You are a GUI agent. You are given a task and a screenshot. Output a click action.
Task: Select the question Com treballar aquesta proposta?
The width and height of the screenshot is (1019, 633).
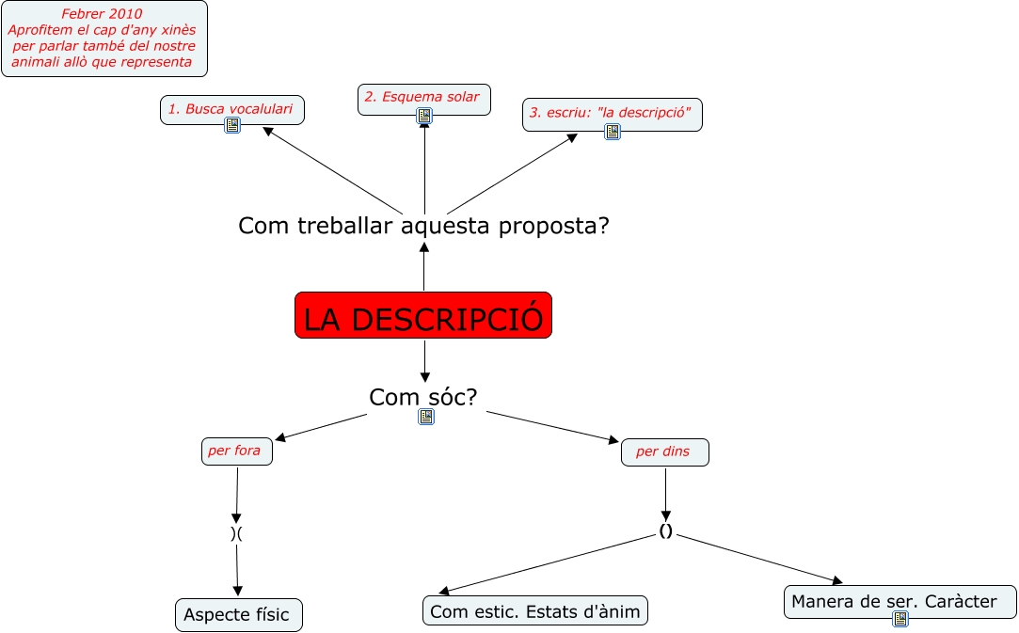pyautogui.click(x=423, y=227)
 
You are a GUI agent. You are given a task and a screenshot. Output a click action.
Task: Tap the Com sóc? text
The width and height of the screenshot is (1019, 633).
pyautogui.click(x=423, y=397)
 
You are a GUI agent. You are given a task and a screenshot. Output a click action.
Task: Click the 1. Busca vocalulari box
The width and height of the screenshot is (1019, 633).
pyautogui.click(x=231, y=109)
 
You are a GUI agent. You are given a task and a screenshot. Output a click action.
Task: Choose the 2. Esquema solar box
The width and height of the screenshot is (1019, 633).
pyautogui.click(x=422, y=97)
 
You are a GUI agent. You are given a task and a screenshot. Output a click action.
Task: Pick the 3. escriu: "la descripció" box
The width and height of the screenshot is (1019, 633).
pyautogui.click(x=612, y=113)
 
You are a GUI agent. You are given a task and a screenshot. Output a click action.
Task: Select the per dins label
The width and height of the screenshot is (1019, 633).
pyautogui.click(x=663, y=452)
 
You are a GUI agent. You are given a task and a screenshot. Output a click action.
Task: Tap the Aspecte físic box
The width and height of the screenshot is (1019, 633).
pyautogui.click(x=238, y=615)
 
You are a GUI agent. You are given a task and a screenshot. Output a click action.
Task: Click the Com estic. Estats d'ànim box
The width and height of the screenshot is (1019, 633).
pyautogui.click(x=534, y=612)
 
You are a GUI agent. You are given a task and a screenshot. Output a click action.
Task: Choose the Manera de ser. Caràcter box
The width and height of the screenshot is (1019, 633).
pyautogui.click(x=899, y=601)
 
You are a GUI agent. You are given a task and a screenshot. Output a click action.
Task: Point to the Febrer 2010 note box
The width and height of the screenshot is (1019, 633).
pyautogui.click(x=103, y=40)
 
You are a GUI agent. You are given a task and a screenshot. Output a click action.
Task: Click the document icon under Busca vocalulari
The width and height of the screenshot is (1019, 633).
pyautogui.click(x=232, y=125)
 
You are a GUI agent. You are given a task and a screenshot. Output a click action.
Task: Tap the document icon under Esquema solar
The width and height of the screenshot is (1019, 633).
pyautogui.click(x=424, y=116)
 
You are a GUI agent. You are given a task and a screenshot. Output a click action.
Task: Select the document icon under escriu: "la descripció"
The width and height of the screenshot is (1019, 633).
pyautogui.click(x=613, y=132)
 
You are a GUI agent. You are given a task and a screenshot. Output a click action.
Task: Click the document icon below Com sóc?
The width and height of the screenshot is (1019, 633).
pyautogui.click(x=426, y=417)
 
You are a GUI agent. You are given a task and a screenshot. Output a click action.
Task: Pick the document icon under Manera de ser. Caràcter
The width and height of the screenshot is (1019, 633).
pyautogui.click(x=900, y=619)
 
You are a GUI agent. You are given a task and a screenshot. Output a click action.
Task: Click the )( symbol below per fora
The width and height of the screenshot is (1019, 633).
pyautogui.click(x=236, y=532)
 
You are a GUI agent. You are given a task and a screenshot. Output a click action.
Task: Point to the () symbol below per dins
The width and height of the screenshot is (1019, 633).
pyautogui.click(x=666, y=531)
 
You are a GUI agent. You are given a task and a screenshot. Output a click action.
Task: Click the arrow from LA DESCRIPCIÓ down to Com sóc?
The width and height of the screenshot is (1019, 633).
pyautogui.click(x=424, y=360)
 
